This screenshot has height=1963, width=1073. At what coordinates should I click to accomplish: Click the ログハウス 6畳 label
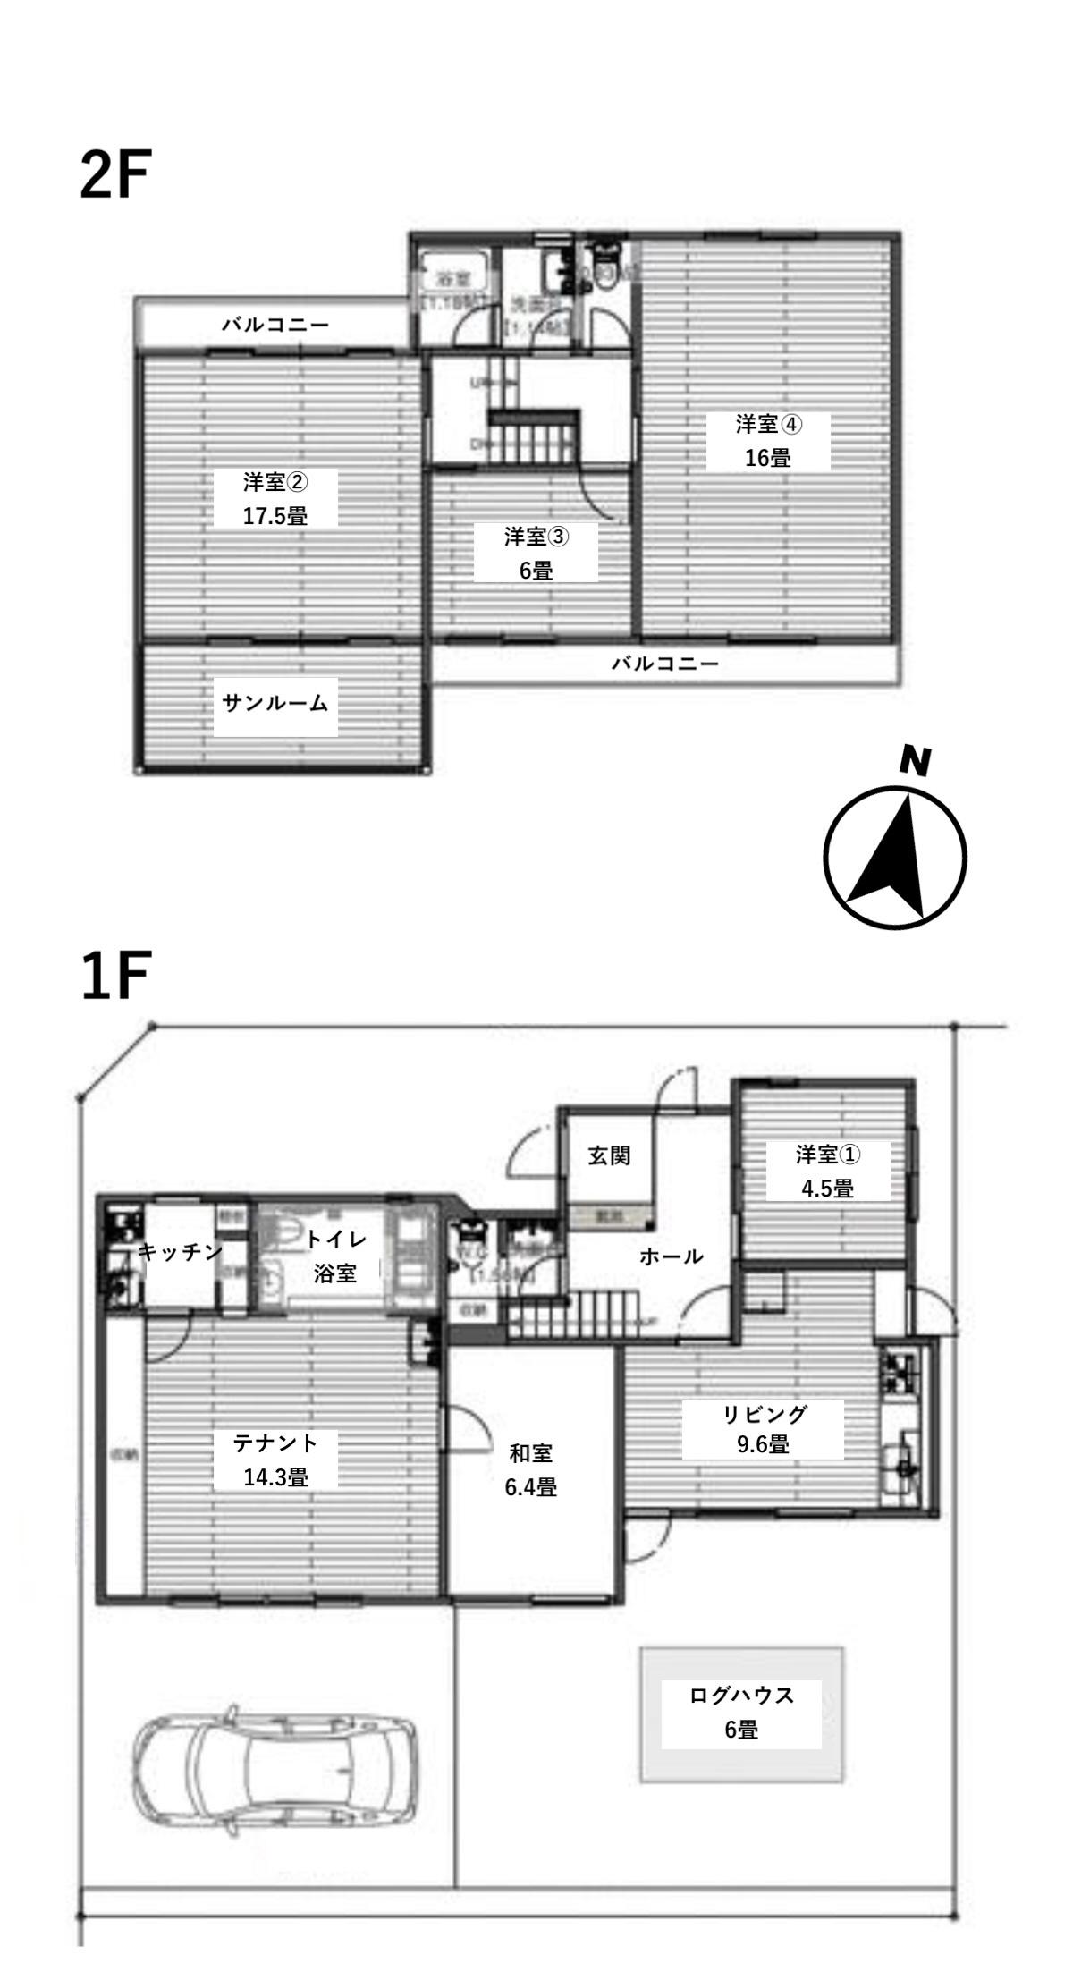pyautogui.click(x=741, y=1712)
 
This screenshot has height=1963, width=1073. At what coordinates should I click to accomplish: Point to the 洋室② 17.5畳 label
pyautogui.click(x=275, y=499)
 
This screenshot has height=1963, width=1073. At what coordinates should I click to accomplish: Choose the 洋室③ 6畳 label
pyautogui.click(x=536, y=554)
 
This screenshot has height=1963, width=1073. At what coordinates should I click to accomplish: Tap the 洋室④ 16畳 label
pyautogui.click(x=768, y=441)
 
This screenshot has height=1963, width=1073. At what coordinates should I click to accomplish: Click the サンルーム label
pyautogui.click(x=275, y=704)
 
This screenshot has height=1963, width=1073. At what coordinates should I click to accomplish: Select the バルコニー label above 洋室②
pyautogui.click(x=275, y=325)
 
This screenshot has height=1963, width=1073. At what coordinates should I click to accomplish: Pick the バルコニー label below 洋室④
pyautogui.click(x=665, y=664)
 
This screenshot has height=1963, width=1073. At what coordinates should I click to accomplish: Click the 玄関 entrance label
pyautogui.click(x=609, y=1156)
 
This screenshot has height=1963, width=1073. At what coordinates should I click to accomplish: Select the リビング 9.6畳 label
pyautogui.click(x=763, y=1430)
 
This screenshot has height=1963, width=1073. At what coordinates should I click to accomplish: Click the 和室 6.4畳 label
pyautogui.click(x=531, y=1469)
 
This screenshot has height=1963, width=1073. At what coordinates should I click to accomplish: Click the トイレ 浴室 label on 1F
pyautogui.click(x=335, y=1256)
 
